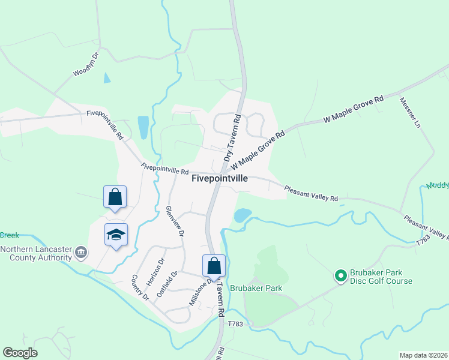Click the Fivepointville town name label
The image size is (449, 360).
pyautogui.click(x=219, y=178)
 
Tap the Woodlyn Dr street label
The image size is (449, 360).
pyautogui.click(x=85, y=64)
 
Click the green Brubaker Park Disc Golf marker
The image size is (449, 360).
pyautogui.click(x=340, y=276)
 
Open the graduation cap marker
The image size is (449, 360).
pyautogui.click(x=116, y=235)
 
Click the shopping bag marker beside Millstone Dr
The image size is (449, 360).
pyautogui.click(x=214, y=265)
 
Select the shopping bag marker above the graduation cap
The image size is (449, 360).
pyautogui.click(x=115, y=197)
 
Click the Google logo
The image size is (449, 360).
pyautogui.click(x=20, y=353)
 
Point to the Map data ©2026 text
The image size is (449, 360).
pyautogui.click(x=423, y=355)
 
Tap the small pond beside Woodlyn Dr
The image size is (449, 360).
pyautogui.click(x=107, y=77)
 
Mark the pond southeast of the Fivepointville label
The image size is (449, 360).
pyautogui.click(x=243, y=215)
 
